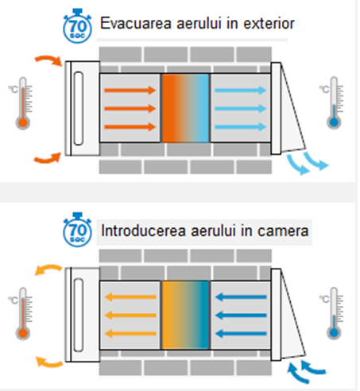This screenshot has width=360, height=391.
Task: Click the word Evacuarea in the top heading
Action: [x=136, y=23]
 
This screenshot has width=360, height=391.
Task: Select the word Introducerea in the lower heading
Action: [x=143, y=230]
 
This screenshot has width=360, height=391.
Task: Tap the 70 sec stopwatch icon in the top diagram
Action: [x=77, y=26]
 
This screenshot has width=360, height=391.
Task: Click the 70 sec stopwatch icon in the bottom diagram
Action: [x=77, y=230]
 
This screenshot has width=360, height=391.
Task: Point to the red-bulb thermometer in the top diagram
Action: [x=22, y=103]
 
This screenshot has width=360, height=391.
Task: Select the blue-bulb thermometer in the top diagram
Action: [x=334, y=103]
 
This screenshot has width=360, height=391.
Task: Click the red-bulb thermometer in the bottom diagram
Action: [x=22, y=314]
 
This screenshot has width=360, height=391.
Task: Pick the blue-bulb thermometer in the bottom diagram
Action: [x=334, y=313]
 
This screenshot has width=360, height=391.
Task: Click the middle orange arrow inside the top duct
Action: [x=130, y=109]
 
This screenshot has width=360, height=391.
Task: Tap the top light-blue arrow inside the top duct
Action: [x=240, y=91]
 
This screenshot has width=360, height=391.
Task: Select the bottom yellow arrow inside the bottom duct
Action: [x=130, y=334]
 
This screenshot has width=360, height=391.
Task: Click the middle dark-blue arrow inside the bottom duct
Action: [x=241, y=316]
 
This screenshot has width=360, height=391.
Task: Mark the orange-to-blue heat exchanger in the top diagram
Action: [x=185, y=108]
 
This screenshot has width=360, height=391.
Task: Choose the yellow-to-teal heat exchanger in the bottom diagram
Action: [x=185, y=315]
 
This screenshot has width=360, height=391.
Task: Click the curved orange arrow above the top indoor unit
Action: [x=49, y=60]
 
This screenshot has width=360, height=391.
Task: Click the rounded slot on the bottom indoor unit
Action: [x=79, y=315]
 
